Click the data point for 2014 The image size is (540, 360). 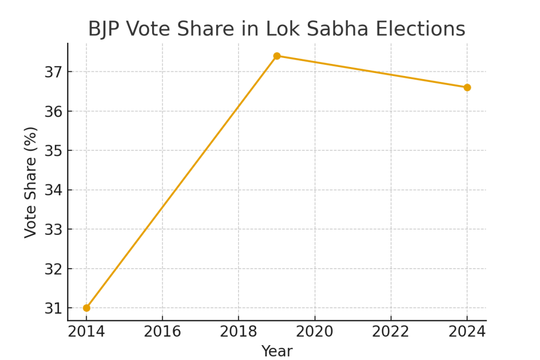pyautogui.click(x=87, y=308)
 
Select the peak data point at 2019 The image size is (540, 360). pyautogui.click(x=277, y=56)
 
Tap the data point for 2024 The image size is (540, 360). pyautogui.click(x=467, y=87)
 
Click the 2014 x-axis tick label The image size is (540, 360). pyautogui.click(x=87, y=331)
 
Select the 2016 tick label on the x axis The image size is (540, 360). pyautogui.click(x=163, y=331)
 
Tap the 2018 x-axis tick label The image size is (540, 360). pyautogui.click(x=239, y=331)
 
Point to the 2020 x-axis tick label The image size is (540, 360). pyautogui.click(x=315, y=331)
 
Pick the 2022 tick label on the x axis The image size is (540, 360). pyautogui.click(x=391, y=331)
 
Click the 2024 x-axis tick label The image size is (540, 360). pyautogui.click(x=467, y=331)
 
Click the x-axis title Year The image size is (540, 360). pyautogui.click(x=277, y=351)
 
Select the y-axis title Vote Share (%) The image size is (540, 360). pyautogui.click(x=31, y=182)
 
